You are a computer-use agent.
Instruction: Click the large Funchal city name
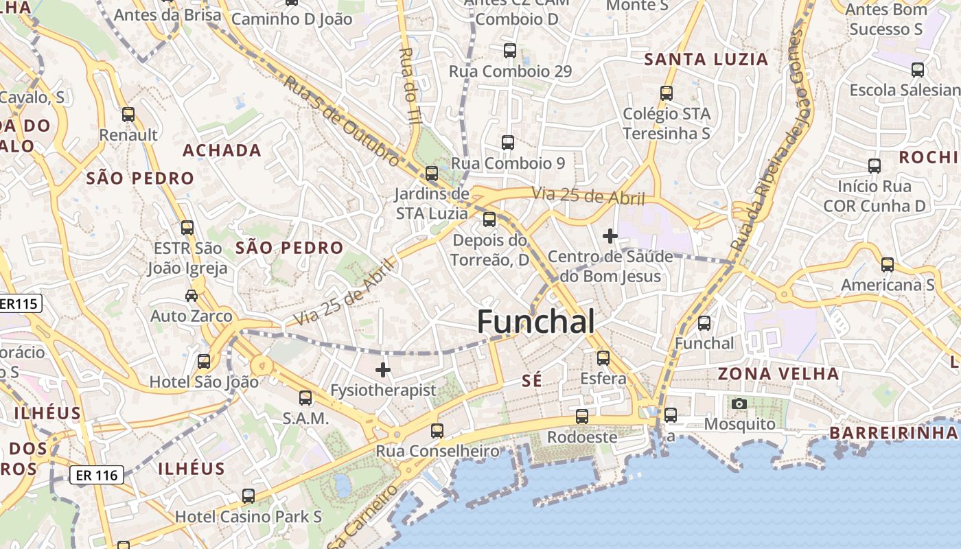(535, 321)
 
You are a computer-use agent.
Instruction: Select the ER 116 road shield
(97, 475)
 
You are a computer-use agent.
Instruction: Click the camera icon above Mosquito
(739, 404)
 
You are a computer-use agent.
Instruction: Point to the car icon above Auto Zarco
(192, 296)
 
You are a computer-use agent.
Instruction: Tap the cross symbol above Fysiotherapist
(383, 371)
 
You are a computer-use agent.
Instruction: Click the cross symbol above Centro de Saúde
(610, 236)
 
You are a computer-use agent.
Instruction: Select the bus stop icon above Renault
(128, 115)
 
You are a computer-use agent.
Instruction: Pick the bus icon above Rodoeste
(582, 417)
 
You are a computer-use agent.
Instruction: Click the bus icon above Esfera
(603, 358)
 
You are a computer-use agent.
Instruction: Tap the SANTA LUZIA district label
(706, 60)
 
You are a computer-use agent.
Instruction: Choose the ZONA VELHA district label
(778, 374)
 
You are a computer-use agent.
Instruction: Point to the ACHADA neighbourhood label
(222, 150)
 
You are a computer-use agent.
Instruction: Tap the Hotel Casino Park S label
(248, 516)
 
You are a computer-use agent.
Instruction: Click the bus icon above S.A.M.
(305, 398)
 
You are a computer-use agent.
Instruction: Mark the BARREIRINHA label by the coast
(893, 433)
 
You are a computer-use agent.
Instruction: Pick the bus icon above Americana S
(888, 265)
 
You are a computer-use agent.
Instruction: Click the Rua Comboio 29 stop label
(510, 71)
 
